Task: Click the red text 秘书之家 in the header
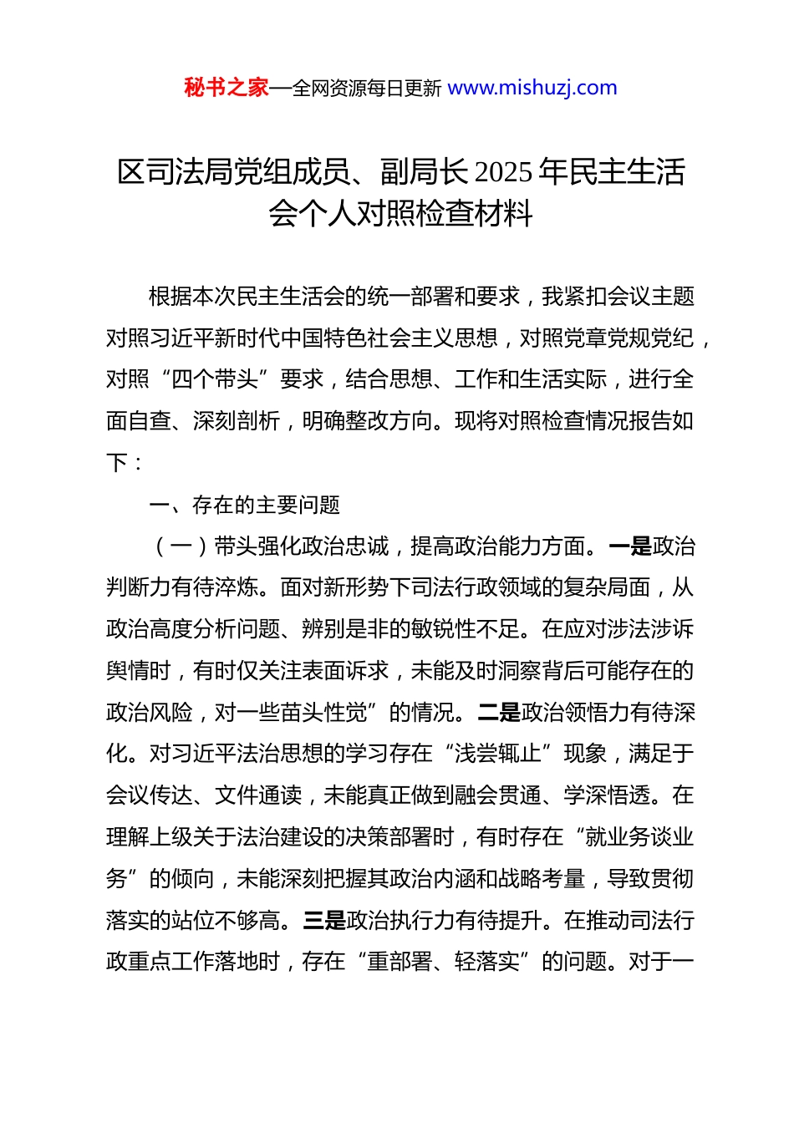226,88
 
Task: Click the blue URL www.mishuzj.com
532,88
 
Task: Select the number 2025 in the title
503,172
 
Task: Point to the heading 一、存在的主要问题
244,505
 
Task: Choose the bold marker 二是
499,713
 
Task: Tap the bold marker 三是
324,921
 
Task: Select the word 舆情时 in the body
139,671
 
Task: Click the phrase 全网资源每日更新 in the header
367,89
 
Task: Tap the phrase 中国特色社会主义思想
400,338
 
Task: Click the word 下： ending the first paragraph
125,464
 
